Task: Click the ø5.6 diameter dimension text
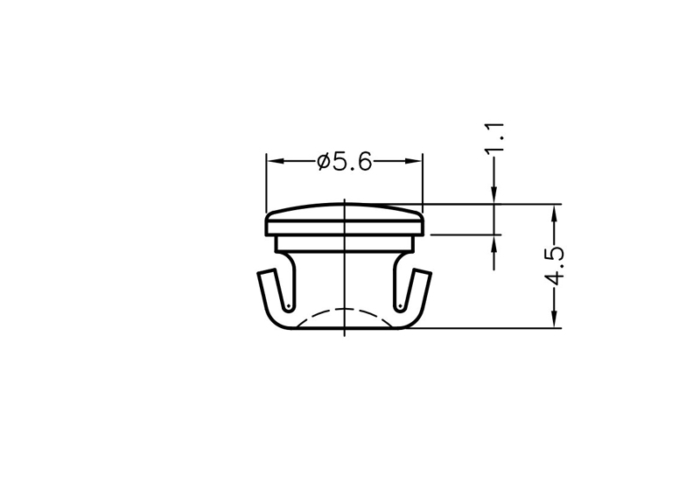coord(344,162)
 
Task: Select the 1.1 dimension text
coord(494,137)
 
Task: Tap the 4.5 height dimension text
coord(556,265)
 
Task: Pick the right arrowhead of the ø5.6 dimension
coord(414,161)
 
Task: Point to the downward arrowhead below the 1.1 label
coord(493,195)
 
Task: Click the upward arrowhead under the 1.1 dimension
coord(493,243)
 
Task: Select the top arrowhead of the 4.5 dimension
coord(555,213)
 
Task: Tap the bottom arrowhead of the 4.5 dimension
coord(555,319)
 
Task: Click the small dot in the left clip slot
coord(289,306)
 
